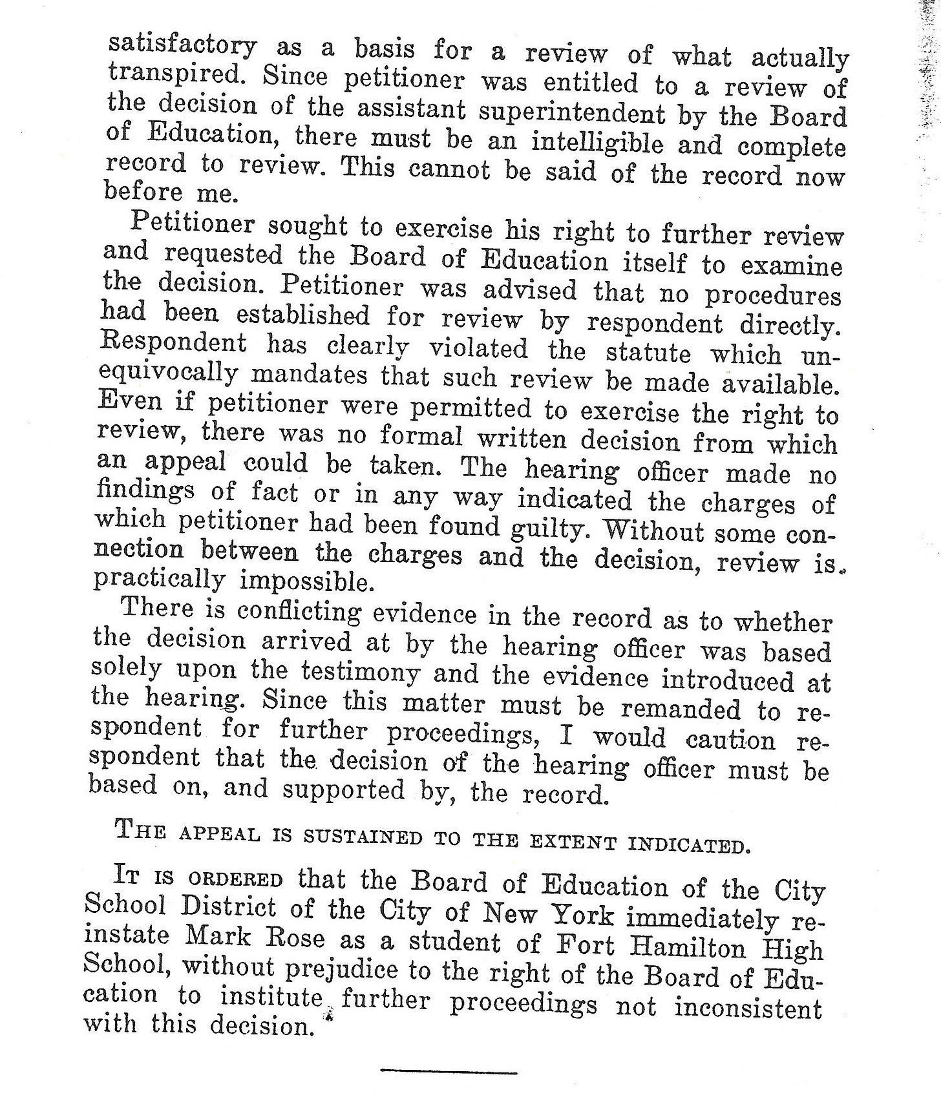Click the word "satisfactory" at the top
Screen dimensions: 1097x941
(183, 47)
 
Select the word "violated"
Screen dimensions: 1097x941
(479, 349)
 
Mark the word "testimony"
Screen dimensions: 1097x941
(361, 672)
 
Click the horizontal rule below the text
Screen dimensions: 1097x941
(449, 1072)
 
